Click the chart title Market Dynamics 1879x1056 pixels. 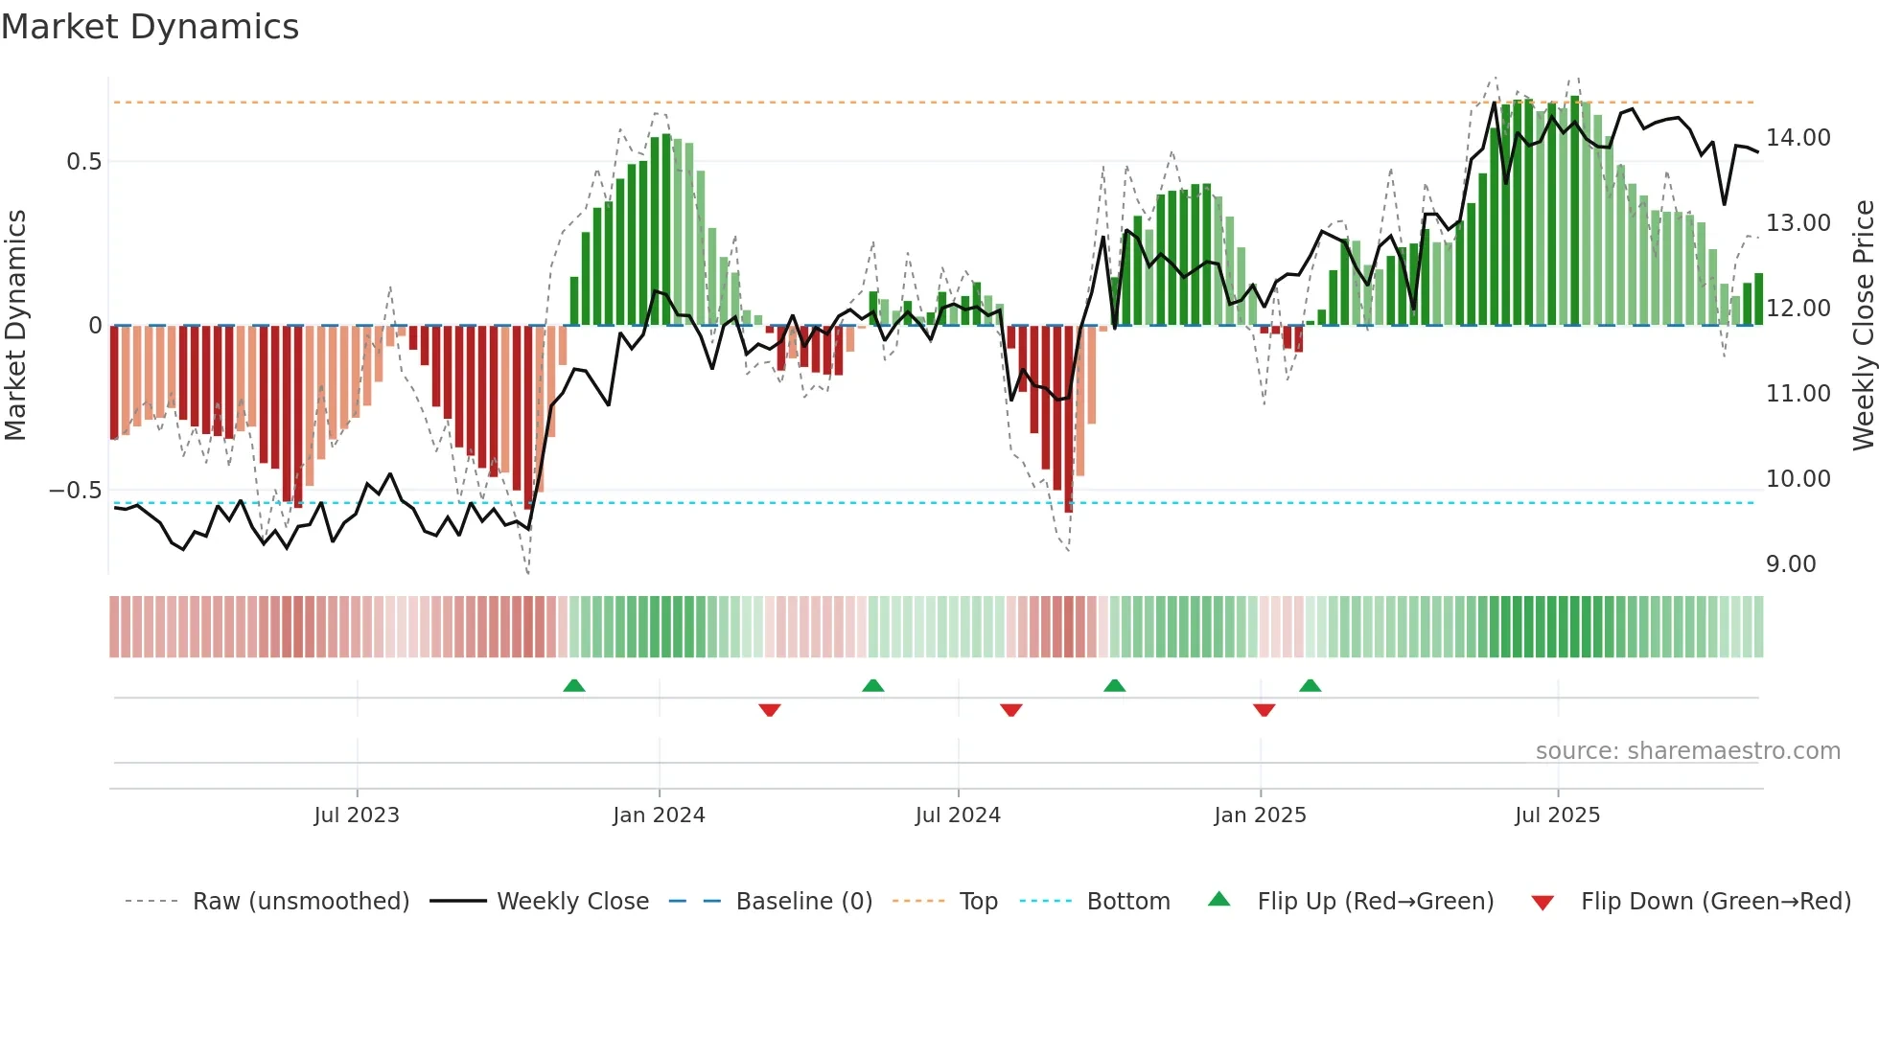[x=150, y=27]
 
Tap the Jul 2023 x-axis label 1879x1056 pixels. [x=357, y=815]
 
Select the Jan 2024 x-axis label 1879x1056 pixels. [x=659, y=815]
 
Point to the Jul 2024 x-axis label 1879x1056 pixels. [x=958, y=815]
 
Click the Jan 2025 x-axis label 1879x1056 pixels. [x=1260, y=815]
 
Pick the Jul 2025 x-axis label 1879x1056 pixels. [x=1558, y=815]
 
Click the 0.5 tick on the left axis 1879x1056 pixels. [x=84, y=162]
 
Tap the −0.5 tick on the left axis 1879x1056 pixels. [x=76, y=491]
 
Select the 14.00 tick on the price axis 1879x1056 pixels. [x=1798, y=138]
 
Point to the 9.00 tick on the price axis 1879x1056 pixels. [x=1791, y=564]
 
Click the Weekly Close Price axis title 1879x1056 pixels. [x=1863, y=326]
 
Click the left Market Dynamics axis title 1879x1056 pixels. [x=15, y=326]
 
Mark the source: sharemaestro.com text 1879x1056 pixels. [x=1687, y=751]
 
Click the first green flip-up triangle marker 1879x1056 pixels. [x=574, y=686]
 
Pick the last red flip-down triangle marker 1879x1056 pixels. [x=1264, y=710]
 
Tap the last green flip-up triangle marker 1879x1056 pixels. [x=1311, y=686]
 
